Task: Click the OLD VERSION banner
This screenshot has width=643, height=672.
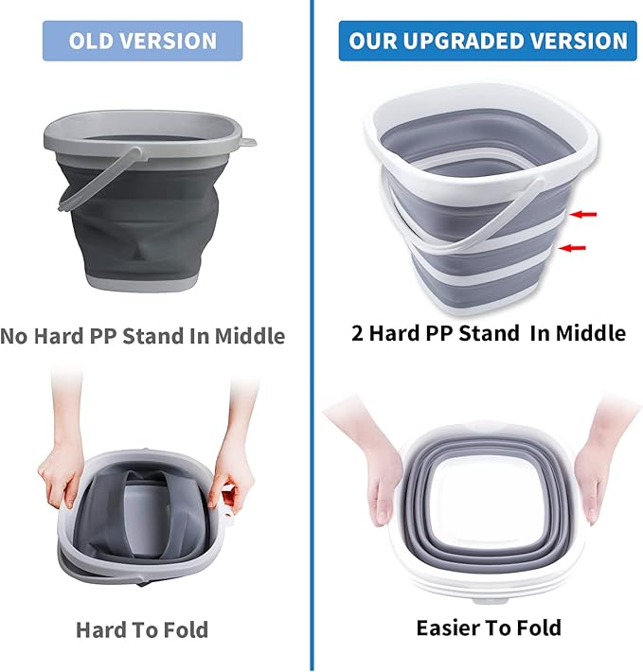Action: pos(142,41)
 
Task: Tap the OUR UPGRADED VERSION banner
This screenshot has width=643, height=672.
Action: pos(488,41)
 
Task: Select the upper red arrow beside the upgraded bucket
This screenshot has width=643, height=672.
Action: pos(583,215)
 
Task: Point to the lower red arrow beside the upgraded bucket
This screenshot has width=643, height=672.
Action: pos(573,248)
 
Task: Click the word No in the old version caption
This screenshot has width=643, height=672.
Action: pos(15,335)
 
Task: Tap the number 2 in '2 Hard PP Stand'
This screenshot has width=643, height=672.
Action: pos(358,332)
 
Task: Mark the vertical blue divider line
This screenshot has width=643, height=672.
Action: pos(312,379)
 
